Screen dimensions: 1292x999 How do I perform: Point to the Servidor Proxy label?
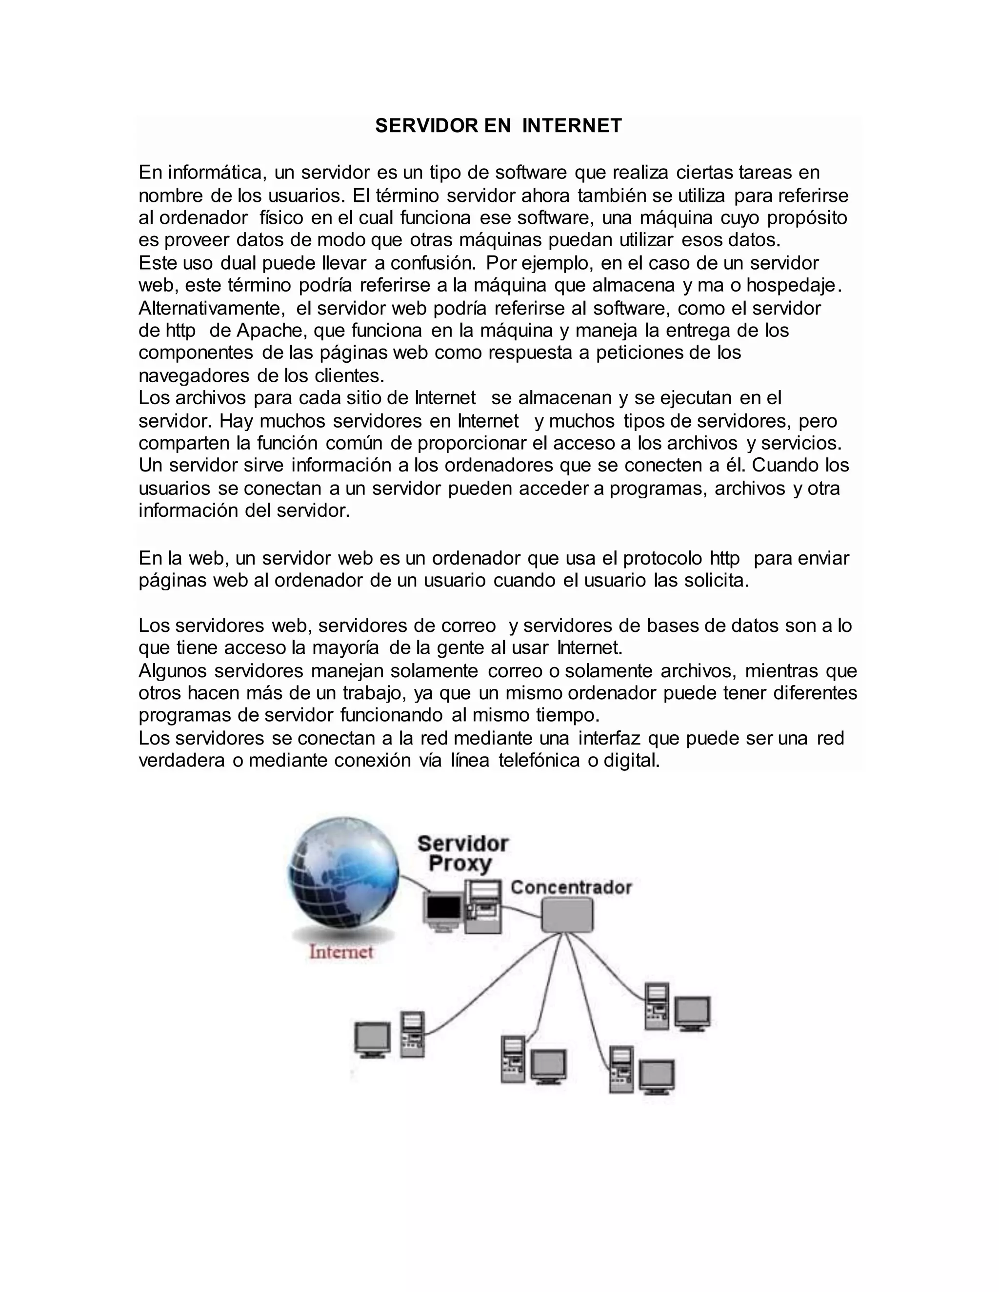[x=462, y=854]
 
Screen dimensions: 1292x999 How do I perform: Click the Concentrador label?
[x=571, y=887]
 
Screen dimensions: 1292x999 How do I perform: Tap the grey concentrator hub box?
[x=567, y=915]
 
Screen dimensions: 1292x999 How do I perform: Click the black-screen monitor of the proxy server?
[x=443, y=909]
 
